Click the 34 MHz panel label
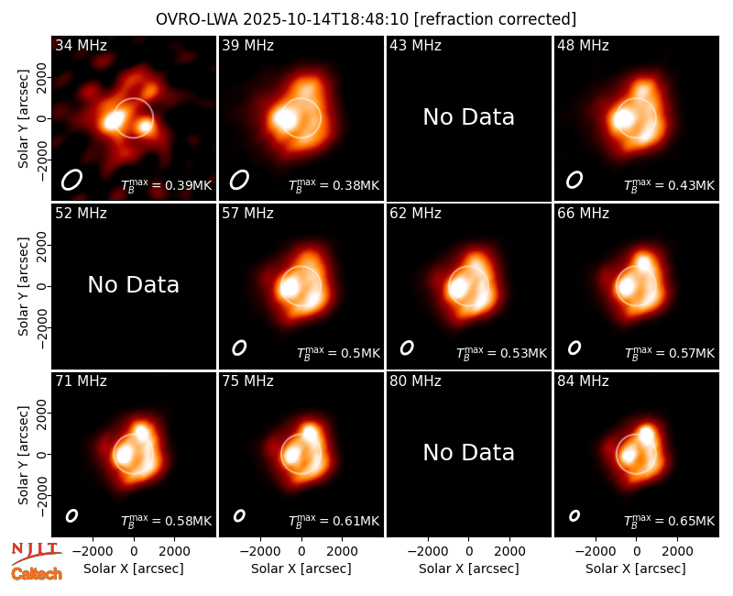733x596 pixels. [x=81, y=45]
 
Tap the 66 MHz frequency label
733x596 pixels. [x=583, y=214]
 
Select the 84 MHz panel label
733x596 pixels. [x=583, y=381]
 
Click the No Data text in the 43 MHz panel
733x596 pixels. [x=469, y=117]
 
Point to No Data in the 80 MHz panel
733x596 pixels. [x=469, y=452]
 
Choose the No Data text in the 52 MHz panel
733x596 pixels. [x=134, y=284]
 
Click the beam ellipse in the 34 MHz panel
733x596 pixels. [x=71, y=180]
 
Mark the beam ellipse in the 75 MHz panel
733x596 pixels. [x=239, y=515]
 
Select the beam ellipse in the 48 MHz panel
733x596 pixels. [x=574, y=180]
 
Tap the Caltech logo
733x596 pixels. [x=37, y=574]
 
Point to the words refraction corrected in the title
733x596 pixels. [x=496, y=19]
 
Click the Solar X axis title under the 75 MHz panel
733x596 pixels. [x=301, y=568]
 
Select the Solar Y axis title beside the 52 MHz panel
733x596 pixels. [x=23, y=286]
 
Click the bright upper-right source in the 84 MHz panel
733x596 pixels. [x=647, y=436]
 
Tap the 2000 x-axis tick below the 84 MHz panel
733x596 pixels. [x=678, y=552]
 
